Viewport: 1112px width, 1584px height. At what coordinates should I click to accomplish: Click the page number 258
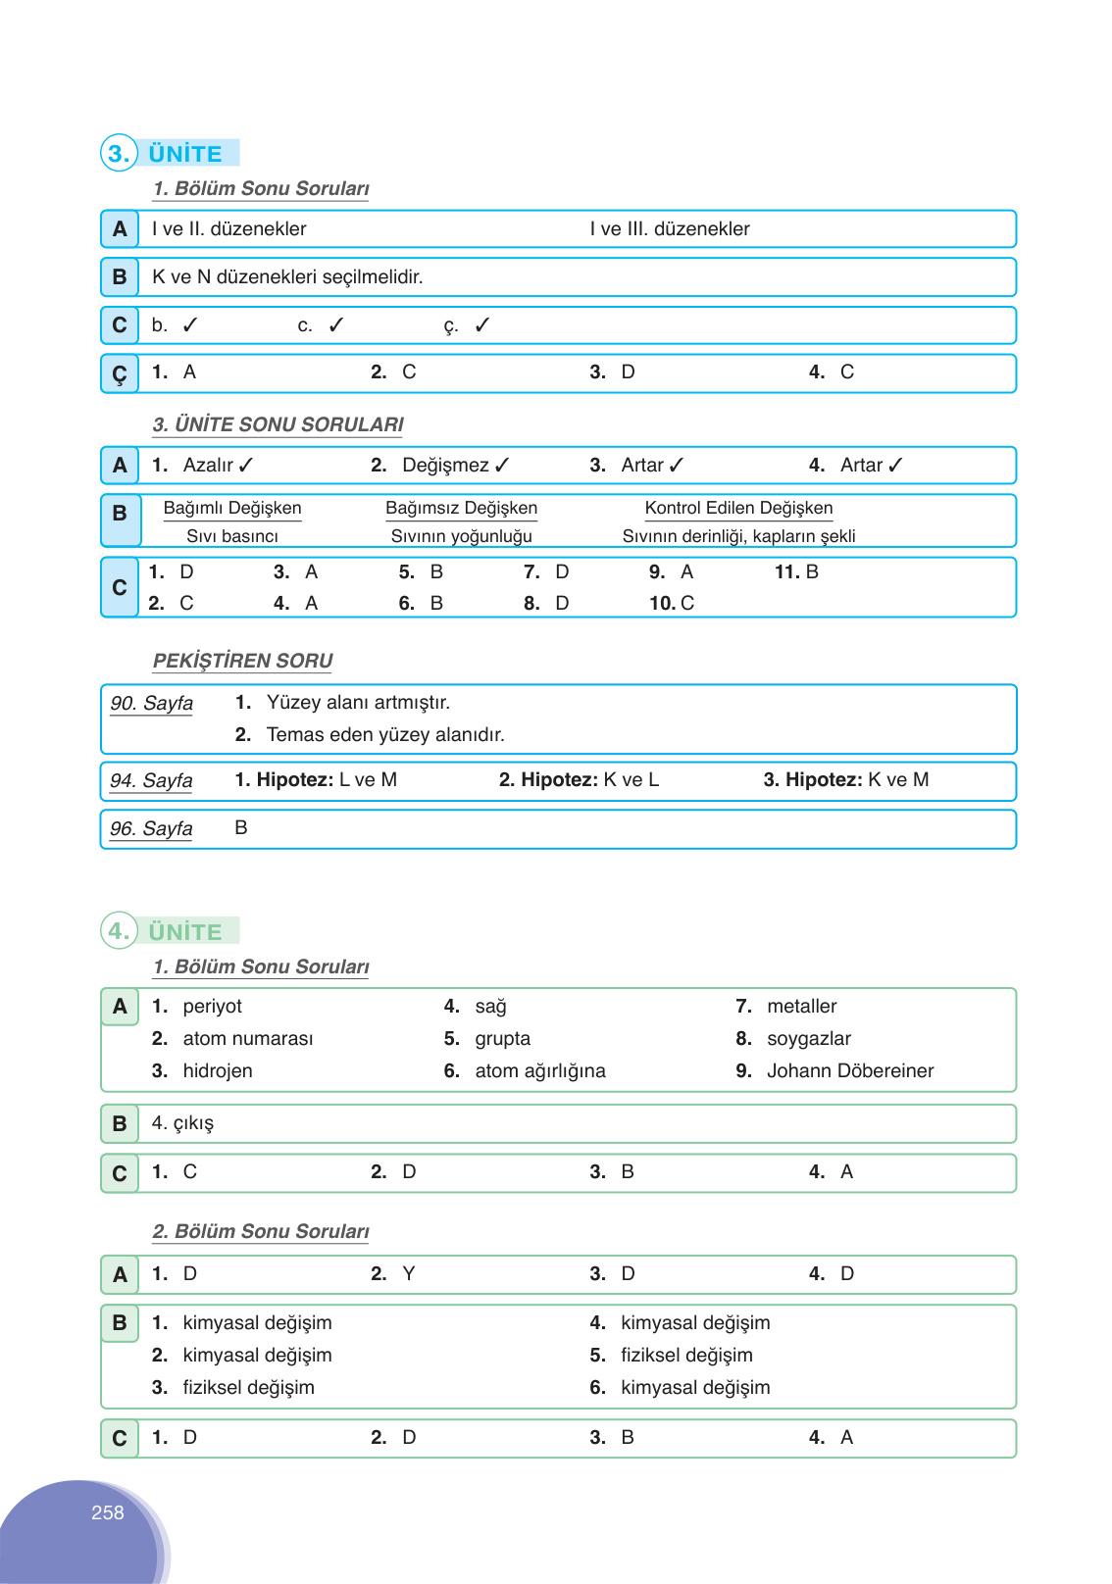tap(108, 1512)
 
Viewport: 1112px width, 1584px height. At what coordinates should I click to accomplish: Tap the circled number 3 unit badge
tap(119, 153)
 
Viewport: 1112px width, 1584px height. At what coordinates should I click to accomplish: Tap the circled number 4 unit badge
tap(119, 930)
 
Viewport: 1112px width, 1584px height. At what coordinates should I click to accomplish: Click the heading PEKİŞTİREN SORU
tap(242, 661)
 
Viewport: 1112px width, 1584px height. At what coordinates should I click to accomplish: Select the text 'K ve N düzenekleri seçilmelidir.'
tap(287, 277)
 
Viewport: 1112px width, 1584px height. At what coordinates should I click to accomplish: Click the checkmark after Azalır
tap(246, 466)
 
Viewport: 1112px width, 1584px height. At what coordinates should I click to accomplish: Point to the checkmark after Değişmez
tap(502, 466)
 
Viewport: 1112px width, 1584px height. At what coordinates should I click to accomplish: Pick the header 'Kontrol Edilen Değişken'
tap(738, 508)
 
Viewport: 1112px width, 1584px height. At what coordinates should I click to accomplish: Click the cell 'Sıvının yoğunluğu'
tap(461, 536)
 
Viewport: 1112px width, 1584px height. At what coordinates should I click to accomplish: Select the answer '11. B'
tap(796, 571)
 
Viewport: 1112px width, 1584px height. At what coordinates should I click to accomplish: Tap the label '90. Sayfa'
tap(152, 703)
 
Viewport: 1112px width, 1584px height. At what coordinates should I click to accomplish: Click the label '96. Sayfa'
tap(151, 828)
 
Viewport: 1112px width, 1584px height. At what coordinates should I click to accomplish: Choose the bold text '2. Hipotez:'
tap(548, 780)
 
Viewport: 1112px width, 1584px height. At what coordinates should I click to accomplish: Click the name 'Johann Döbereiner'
tap(850, 1070)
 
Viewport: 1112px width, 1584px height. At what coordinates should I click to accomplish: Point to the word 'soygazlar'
tap(808, 1038)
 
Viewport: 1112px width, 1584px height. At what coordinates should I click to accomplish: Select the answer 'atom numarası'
tap(248, 1038)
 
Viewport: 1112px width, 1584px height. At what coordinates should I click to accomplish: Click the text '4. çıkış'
tap(182, 1123)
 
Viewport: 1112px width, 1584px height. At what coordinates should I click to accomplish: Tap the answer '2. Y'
tap(393, 1273)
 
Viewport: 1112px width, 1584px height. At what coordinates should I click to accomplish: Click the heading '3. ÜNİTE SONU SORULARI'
tap(278, 424)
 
